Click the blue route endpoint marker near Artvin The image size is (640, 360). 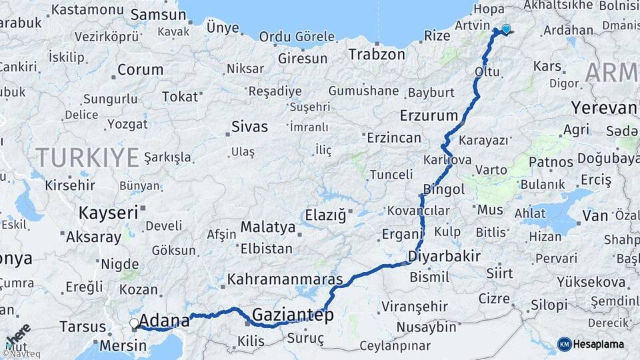pyautogui.click(x=506, y=29)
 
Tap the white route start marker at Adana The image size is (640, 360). pyautogui.click(x=134, y=323)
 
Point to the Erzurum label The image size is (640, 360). pyautogui.click(x=429, y=115)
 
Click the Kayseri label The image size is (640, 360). pyautogui.click(x=108, y=213)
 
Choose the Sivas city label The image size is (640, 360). pyautogui.click(x=249, y=126)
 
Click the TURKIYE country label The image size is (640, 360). pyautogui.click(x=87, y=158)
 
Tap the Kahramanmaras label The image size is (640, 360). pyautogui.click(x=285, y=279)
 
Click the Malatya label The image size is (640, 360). pyautogui.click(x=267, y=227)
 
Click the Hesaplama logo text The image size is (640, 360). pyautogui.click(x=599, y=343)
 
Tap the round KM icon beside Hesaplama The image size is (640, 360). pyautogui.click(x=565, y=344)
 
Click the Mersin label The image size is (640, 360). pyautogui.click(x=123, y=346)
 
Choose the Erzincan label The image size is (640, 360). pyautogui.click(x=393, y=139)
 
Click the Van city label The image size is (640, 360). pyautogui.click(x=595, y=215)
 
